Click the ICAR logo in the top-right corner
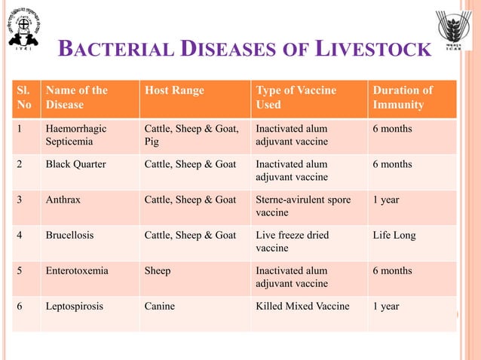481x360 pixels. pyautogui.click(x=455, y=32)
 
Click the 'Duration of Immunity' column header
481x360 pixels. pyautogui.click(x=403, y=97)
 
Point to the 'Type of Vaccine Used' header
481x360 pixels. pyautogui.click(x=296, y=97)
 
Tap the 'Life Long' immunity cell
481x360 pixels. pyautogui.click(x=394, y=235)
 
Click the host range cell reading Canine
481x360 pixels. pyautogui.click(x=161, y=307)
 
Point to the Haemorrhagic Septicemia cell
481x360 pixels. pyautogui.click(x=75, y=135)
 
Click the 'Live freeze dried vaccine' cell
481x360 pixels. pyautogui.click(x=293, y=241)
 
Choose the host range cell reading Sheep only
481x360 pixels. pyautogui.click(x=158, y=270)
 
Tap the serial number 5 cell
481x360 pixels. pyautogui.click(x=20, y=270)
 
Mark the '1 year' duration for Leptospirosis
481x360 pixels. pyautogui.click(x=386, y=307)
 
